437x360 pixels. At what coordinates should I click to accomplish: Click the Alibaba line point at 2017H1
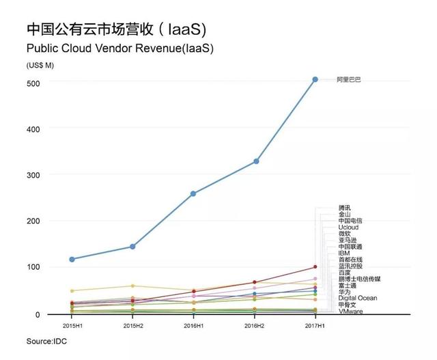(315, 79)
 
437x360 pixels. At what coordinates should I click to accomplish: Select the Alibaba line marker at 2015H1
(72, 259)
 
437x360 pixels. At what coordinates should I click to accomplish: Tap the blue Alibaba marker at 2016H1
(193, 193)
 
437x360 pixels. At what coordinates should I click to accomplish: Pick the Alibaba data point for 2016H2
(255, 161)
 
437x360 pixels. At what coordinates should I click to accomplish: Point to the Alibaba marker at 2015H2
(132, 246)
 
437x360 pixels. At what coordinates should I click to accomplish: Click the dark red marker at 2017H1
(315, 266)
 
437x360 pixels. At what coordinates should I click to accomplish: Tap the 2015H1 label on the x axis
(72, 324)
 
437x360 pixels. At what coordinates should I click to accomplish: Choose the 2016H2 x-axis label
(255, 324)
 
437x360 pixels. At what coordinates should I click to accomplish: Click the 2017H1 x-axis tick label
(315, 324)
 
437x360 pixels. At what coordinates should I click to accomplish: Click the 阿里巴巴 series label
(349, 80)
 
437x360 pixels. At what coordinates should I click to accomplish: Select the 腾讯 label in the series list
(345, 208)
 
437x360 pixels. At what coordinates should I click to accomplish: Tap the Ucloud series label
(348, 227)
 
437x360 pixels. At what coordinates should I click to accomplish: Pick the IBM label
(344, 253)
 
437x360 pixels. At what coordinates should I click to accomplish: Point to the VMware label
(350, 311)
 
